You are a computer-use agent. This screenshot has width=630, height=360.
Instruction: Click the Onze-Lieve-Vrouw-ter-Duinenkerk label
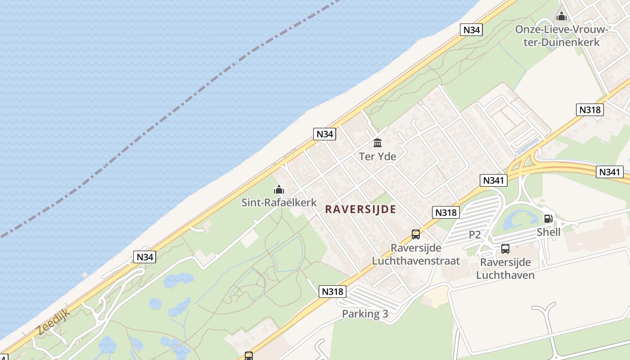tap(561, 36)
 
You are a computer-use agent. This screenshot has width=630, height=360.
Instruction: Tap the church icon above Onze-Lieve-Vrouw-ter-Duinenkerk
tap(561, 17)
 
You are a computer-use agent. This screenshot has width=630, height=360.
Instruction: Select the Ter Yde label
tap(378, 157)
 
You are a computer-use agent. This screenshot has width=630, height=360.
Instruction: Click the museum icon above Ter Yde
tap(378, 143)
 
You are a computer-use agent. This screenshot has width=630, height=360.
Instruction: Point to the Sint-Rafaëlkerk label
tap(279, 202)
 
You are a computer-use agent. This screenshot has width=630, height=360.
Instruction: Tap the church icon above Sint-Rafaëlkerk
tap(279, 189)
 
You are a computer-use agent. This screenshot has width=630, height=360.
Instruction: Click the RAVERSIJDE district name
tap(360, 209)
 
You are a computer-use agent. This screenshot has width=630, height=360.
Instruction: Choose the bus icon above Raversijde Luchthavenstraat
tap(415, 234)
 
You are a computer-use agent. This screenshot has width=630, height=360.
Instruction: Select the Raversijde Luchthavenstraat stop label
tap(416, 255)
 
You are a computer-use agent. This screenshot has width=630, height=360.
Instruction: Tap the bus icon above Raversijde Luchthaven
tap(505, 249)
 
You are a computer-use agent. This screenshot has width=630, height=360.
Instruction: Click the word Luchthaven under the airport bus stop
tap(505, 275)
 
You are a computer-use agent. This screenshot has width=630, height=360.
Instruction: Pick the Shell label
tap(549, 232)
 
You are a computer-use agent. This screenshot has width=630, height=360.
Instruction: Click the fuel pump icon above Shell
tap(548, 219)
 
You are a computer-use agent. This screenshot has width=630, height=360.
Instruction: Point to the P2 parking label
tap(475, 234)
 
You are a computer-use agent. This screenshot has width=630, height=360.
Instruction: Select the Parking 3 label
tap(365, 314)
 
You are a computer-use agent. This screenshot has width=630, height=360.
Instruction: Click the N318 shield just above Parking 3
tap(333, 292)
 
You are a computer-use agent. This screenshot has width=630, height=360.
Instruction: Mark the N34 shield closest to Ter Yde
tap(324, 134)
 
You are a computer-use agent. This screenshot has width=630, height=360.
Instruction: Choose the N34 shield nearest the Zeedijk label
tap(145, 257)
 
